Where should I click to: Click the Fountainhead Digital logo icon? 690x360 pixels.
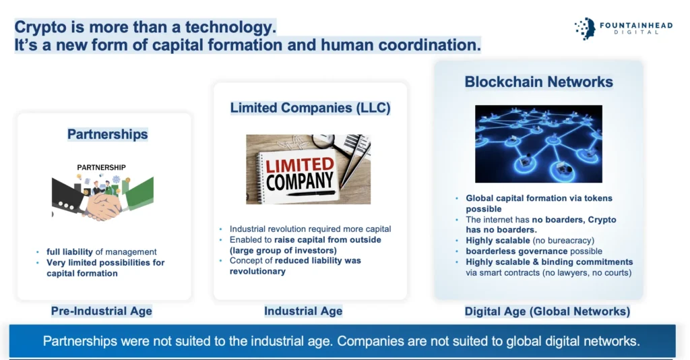[x=586, y=28]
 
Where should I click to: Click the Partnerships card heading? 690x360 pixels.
[x=107, y=134]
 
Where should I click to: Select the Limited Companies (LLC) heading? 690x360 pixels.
[x=310, y=108]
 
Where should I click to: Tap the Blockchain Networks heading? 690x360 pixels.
[x=538, y=82]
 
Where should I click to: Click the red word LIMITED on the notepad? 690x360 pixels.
[x=300, y=165]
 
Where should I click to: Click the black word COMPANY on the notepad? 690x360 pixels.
[x=300, y=181]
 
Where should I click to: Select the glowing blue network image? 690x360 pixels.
[x=538, y=144]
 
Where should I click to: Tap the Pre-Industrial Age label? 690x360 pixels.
[x=102, y=311]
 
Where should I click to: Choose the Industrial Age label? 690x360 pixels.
[x=303, y=311]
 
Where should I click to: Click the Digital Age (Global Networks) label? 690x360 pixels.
[x=547, y=311]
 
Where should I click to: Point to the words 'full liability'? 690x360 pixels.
[x=69, y=251]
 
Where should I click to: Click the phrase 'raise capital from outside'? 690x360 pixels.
[x=327, y=240]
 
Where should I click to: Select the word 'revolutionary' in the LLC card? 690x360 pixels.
[x=257, y=272]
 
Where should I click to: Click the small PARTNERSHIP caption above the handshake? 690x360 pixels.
[x=101, y=168]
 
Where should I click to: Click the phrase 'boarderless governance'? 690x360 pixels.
[x=517, y=251]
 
